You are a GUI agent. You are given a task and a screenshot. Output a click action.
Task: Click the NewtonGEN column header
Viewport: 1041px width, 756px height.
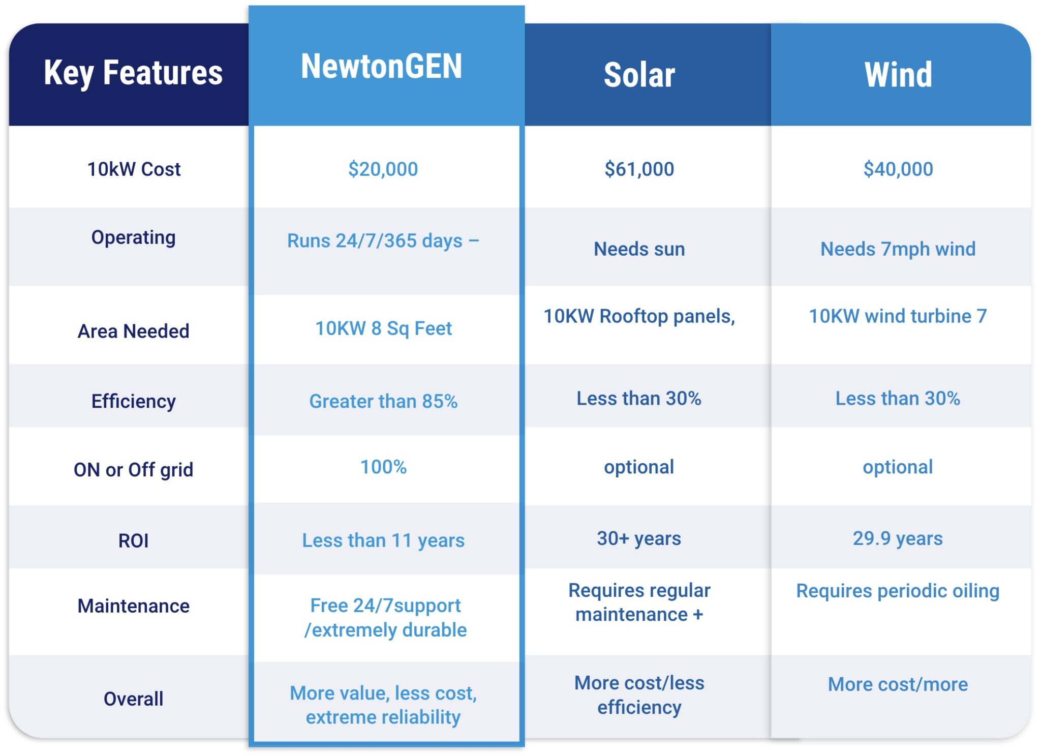pyautogui.click(x=382, y=66)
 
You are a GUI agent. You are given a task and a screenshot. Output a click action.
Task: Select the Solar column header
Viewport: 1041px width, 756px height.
pyautogui.click(x=639, y=75)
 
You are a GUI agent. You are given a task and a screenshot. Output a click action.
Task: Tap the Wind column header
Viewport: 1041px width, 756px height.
pyautogui.click(x=898, y=75)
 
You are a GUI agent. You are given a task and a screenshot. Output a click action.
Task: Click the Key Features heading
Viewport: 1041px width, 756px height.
pyautogui.click(x=133, y=73)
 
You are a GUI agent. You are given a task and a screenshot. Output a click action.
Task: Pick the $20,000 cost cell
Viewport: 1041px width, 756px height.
pyautogui.click(x=383, y=169)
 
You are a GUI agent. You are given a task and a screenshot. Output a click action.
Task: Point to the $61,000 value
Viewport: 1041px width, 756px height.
pyautogui.click(x=639, y=169)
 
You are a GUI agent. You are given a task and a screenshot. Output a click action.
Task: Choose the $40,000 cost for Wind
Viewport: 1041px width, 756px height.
pyautogui.click(x=898, y=169)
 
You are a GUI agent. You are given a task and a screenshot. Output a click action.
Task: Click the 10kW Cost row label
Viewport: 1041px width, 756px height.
pyautogui.click(x=134, y=169)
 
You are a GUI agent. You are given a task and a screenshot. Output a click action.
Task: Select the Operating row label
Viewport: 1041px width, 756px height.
pyautogui.click(x=134, y=238)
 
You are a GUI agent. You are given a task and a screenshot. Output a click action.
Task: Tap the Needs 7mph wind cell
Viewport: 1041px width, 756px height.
pyautogui.click(x=898, y=249)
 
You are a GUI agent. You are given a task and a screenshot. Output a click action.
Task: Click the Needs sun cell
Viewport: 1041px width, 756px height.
pyautogui.click(x=639, y=249)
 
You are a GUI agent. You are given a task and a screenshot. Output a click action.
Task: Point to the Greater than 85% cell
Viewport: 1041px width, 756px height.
pyautogui.click(x=383, y=401)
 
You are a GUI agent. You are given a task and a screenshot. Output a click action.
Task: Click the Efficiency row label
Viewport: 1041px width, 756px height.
pyautogui.click(x=134, y=402)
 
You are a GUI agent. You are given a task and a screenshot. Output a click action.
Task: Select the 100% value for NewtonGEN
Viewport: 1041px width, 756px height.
pyautogui.click(x=383, y=467)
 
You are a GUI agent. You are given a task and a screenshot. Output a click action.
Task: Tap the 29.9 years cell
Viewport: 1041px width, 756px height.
pyautogui.click(x=898, y=538)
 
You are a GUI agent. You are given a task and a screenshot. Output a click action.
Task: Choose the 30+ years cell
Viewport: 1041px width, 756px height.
pyautogui.click(x=639, y=538)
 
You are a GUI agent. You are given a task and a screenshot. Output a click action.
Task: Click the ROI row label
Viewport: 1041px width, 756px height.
pyautogui.click(x=133, y=540)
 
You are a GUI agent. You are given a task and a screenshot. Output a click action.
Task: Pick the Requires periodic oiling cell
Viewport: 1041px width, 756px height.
pyautogui.click(x=898, y=591)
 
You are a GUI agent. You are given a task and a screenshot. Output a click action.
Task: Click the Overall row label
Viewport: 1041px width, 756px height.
pyautogui.click(x=134, y=699)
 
